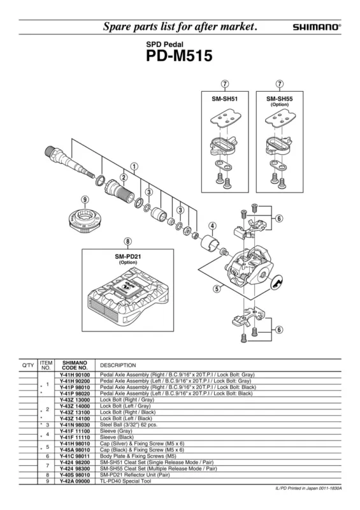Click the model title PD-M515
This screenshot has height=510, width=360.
point(179,55)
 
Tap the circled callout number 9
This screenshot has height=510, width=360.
point(85,200)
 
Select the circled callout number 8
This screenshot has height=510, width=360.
point(128,242)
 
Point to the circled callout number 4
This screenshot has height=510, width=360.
point(212,226)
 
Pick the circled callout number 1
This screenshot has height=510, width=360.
point(134,166)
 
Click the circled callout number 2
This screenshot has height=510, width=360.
point(124,178)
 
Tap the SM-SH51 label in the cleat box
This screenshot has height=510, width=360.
point(225,99)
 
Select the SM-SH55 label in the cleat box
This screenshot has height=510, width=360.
point(280,99)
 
